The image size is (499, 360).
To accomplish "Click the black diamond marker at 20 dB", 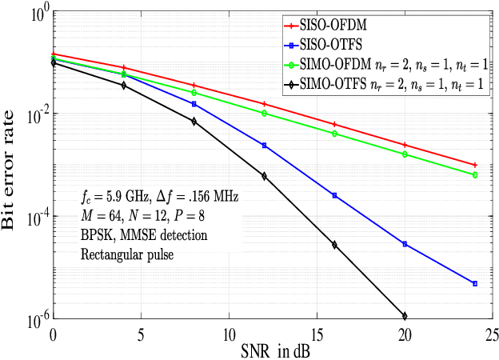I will tap(405, 316).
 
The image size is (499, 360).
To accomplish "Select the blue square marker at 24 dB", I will tap(475, 283).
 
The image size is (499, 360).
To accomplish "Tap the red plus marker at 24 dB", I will tap(475, 164).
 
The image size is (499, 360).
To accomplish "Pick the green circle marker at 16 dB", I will tap(334, 133).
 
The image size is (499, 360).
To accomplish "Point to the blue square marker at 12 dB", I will tap(264, 146).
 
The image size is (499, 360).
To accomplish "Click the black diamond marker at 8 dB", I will tap(194, 121).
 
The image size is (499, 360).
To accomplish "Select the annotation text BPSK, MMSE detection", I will tap(144, 236).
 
